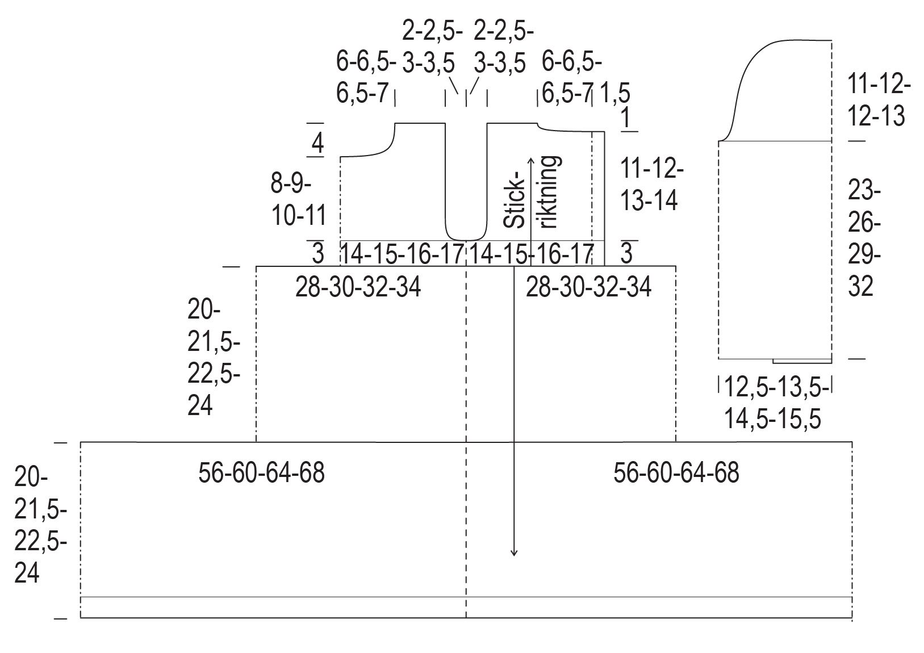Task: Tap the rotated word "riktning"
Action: pyautogui.click(x=550, y=192)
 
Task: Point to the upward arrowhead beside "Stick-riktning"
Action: pyautogui.click(x=530, y=160)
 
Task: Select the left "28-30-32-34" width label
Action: pyautogui.click(x=358, y=288)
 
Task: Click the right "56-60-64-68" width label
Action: pyautogui.click(x=676, y=472)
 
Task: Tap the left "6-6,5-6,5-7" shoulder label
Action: pyautogui.click(x=366, y=77)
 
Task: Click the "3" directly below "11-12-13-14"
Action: pyautogui.click(x=626, y=253)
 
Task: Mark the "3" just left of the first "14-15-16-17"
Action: pyautogui.click(x=318, y=253)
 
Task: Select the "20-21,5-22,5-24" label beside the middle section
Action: pyautogui.click(x=214, y=358)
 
